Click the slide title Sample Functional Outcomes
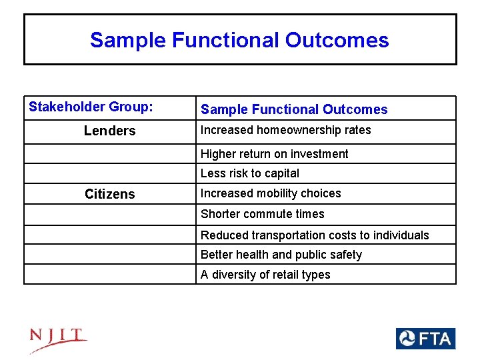239,40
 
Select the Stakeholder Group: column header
91,107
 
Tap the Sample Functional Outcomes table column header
294,109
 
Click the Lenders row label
109,131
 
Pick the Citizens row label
109,195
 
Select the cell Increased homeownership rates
285,130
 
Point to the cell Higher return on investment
274,154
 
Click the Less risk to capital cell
250,173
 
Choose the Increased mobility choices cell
271,193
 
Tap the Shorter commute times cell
262,214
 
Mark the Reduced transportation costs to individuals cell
315,235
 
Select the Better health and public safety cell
281,255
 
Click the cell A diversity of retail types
265,275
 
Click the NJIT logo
58,340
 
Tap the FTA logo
425,339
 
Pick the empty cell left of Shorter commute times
109,214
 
